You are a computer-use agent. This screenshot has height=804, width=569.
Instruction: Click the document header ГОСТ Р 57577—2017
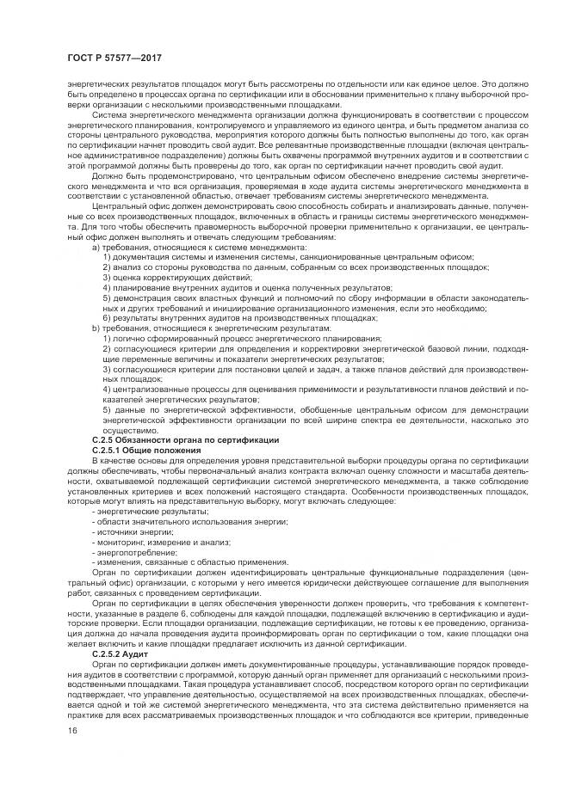click(x=114, y=58)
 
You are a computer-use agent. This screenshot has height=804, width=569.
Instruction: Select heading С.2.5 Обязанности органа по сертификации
click(x=184, y=439)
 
